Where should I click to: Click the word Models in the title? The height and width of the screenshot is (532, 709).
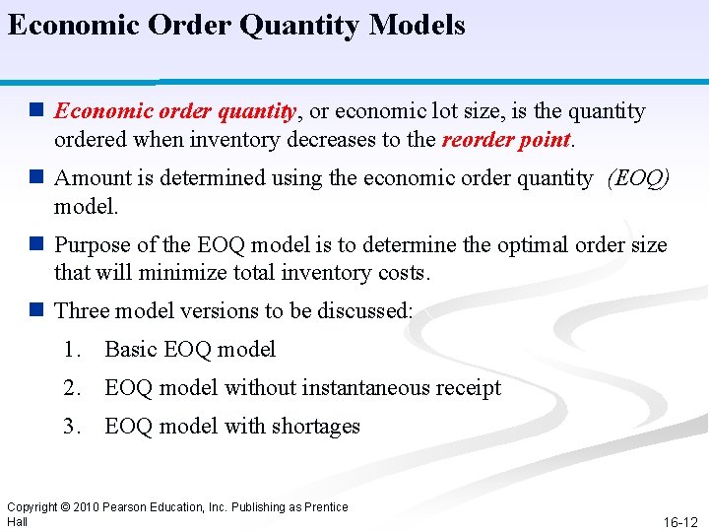point(417,25)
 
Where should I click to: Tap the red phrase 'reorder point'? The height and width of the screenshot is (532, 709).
point(506,140)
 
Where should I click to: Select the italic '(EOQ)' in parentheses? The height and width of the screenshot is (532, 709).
point(639,178)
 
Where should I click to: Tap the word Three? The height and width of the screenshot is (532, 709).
point(83,311)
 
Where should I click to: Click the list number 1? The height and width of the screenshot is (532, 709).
point(70,350)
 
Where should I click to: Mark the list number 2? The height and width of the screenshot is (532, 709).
point(70,388)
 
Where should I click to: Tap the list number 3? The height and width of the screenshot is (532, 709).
point(70,427)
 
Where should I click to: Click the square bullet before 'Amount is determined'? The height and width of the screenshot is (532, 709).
point(37,178)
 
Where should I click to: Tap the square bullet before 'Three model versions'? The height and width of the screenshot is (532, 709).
point(37,311)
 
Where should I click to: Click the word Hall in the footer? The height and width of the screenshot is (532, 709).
point(17,521)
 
